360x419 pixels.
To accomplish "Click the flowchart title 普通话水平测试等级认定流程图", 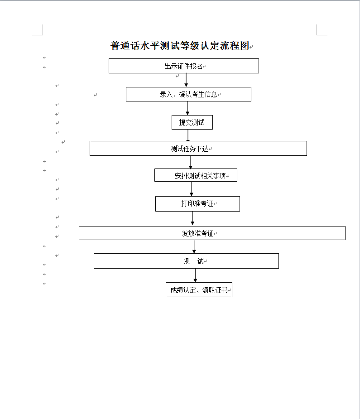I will click(x=180, y=46).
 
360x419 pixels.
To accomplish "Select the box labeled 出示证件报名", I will click(x=183, y=66).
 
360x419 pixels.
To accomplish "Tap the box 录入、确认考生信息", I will click(x=188, y=94).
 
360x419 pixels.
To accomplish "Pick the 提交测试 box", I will click(x=192, y=122).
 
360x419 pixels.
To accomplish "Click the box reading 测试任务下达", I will click(x=198, y=149).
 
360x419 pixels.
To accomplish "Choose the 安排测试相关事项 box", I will click(x=196, y=175).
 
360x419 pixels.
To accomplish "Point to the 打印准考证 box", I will click(x=197, y=204).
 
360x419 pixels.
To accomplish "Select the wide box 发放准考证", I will click(x=212, y=233).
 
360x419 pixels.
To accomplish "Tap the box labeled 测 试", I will click(x=186, y=261).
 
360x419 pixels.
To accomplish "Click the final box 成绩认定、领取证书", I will click(x=199, y=290).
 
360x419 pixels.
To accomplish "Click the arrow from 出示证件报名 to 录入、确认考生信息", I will click(x=186, y=80).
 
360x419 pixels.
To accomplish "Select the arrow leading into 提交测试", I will click(x=187, y=108).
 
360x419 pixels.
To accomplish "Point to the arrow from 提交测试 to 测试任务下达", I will click(x=188, y=135).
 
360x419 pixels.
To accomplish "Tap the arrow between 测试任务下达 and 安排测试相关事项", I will click(x=191, y=162).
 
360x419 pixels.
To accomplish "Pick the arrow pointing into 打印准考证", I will click(x=192, y=189).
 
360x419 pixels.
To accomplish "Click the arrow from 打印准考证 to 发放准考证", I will click(x=192, y=218).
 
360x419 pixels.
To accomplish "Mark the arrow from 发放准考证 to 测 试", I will click(x=194, y=246).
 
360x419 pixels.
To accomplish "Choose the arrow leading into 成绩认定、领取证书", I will click(x=196, y=275).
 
